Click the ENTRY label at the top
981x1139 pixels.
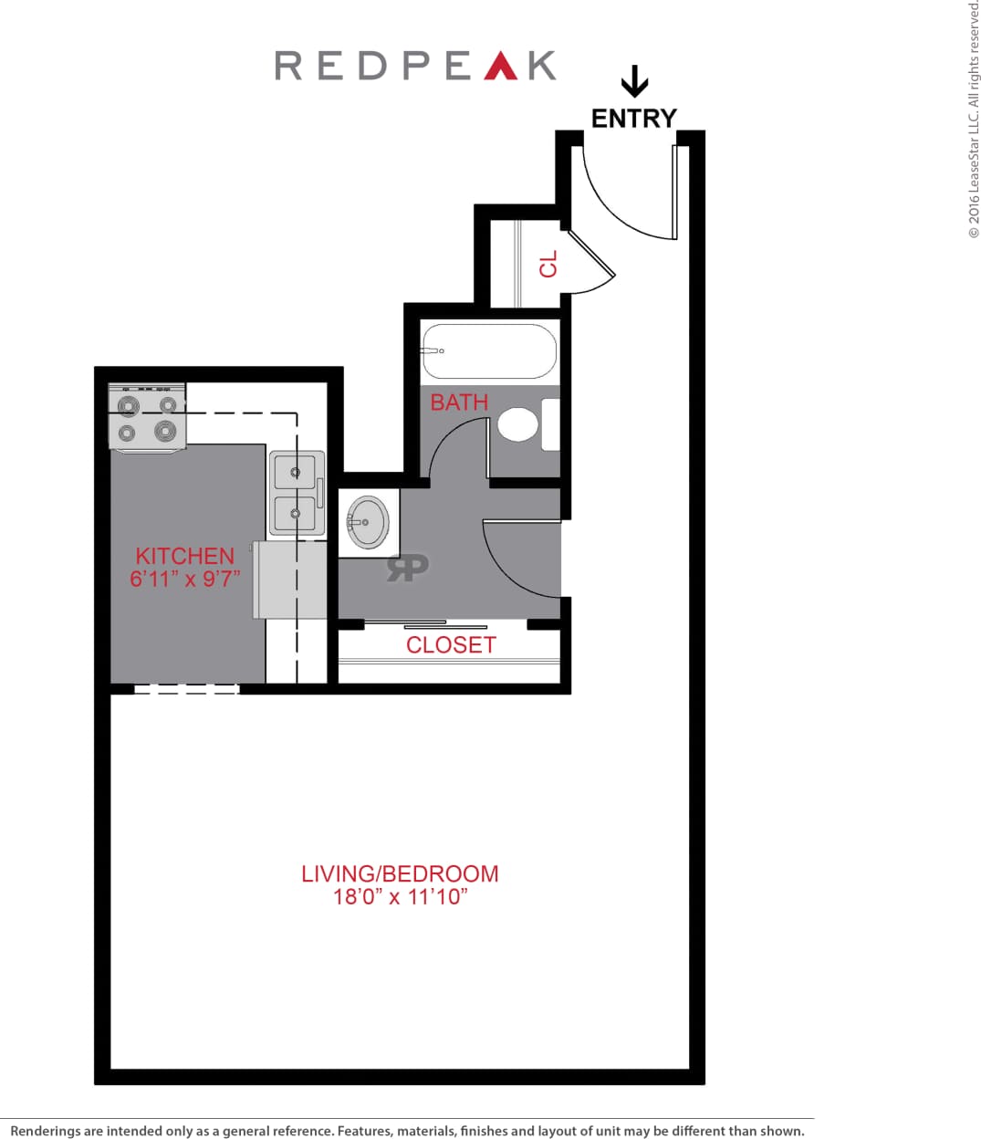[633, 119]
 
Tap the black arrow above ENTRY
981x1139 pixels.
[634, 81]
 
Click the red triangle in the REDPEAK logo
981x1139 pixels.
[500, 66]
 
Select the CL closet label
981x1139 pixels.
[548, 265]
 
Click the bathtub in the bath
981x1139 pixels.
[489, 350]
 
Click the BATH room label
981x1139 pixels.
[459, 402]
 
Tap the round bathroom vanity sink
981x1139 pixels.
[368, 522]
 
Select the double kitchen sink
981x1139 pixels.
[296, 493]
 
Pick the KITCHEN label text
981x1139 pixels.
[184, 556]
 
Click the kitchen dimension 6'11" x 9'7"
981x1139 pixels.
[184, 579]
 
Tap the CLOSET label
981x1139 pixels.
[451, 645]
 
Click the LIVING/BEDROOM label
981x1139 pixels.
[400, 873]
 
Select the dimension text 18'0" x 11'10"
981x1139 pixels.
[400, 897]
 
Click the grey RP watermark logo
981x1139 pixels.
[407, 567]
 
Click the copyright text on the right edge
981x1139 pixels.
[973, 119]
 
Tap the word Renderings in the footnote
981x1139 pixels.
[45, 1131]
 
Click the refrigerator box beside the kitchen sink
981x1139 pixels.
[289, 580]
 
